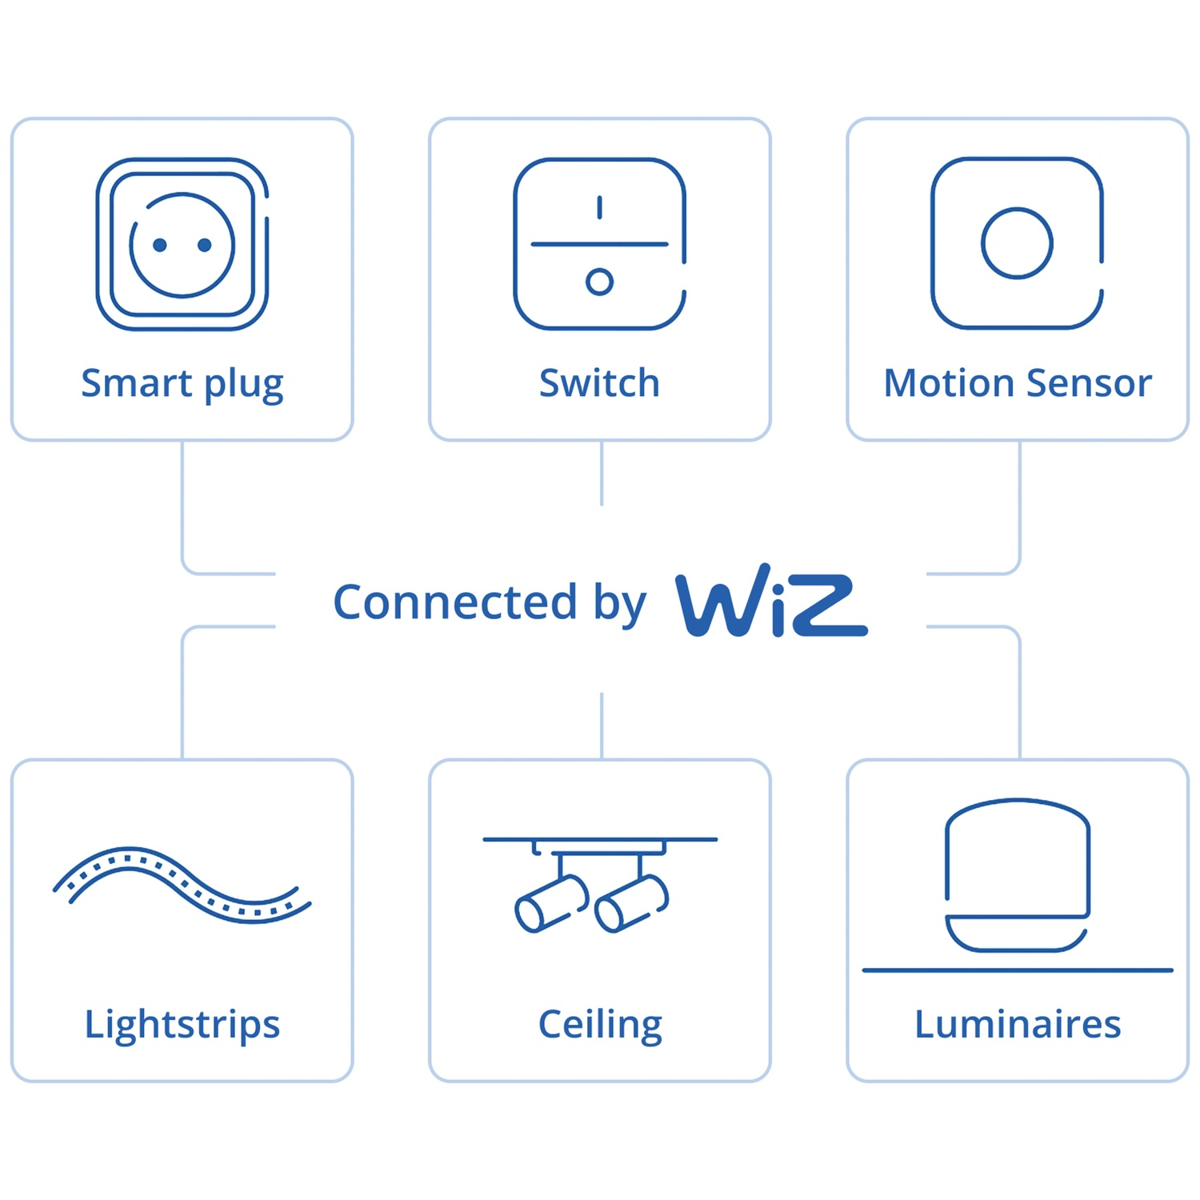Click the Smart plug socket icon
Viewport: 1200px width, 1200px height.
tap(182, 244)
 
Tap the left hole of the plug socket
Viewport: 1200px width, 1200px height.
tap(160, 245)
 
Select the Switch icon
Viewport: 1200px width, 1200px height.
tap(600, 244)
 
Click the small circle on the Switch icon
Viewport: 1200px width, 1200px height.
tap(599, 282)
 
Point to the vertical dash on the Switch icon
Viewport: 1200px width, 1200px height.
tap(599, 207)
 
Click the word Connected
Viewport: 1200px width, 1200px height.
tap(455, 602)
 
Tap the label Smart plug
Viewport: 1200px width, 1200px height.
tap(182, 385)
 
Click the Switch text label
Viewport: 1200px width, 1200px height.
tap(599, 382)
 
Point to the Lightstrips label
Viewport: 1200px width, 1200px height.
tap(182, 1026)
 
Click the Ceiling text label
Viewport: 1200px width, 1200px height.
tap(600, 1026)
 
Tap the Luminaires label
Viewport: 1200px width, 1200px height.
tap(1018, 1024)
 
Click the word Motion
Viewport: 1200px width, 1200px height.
tap(950, 382)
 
